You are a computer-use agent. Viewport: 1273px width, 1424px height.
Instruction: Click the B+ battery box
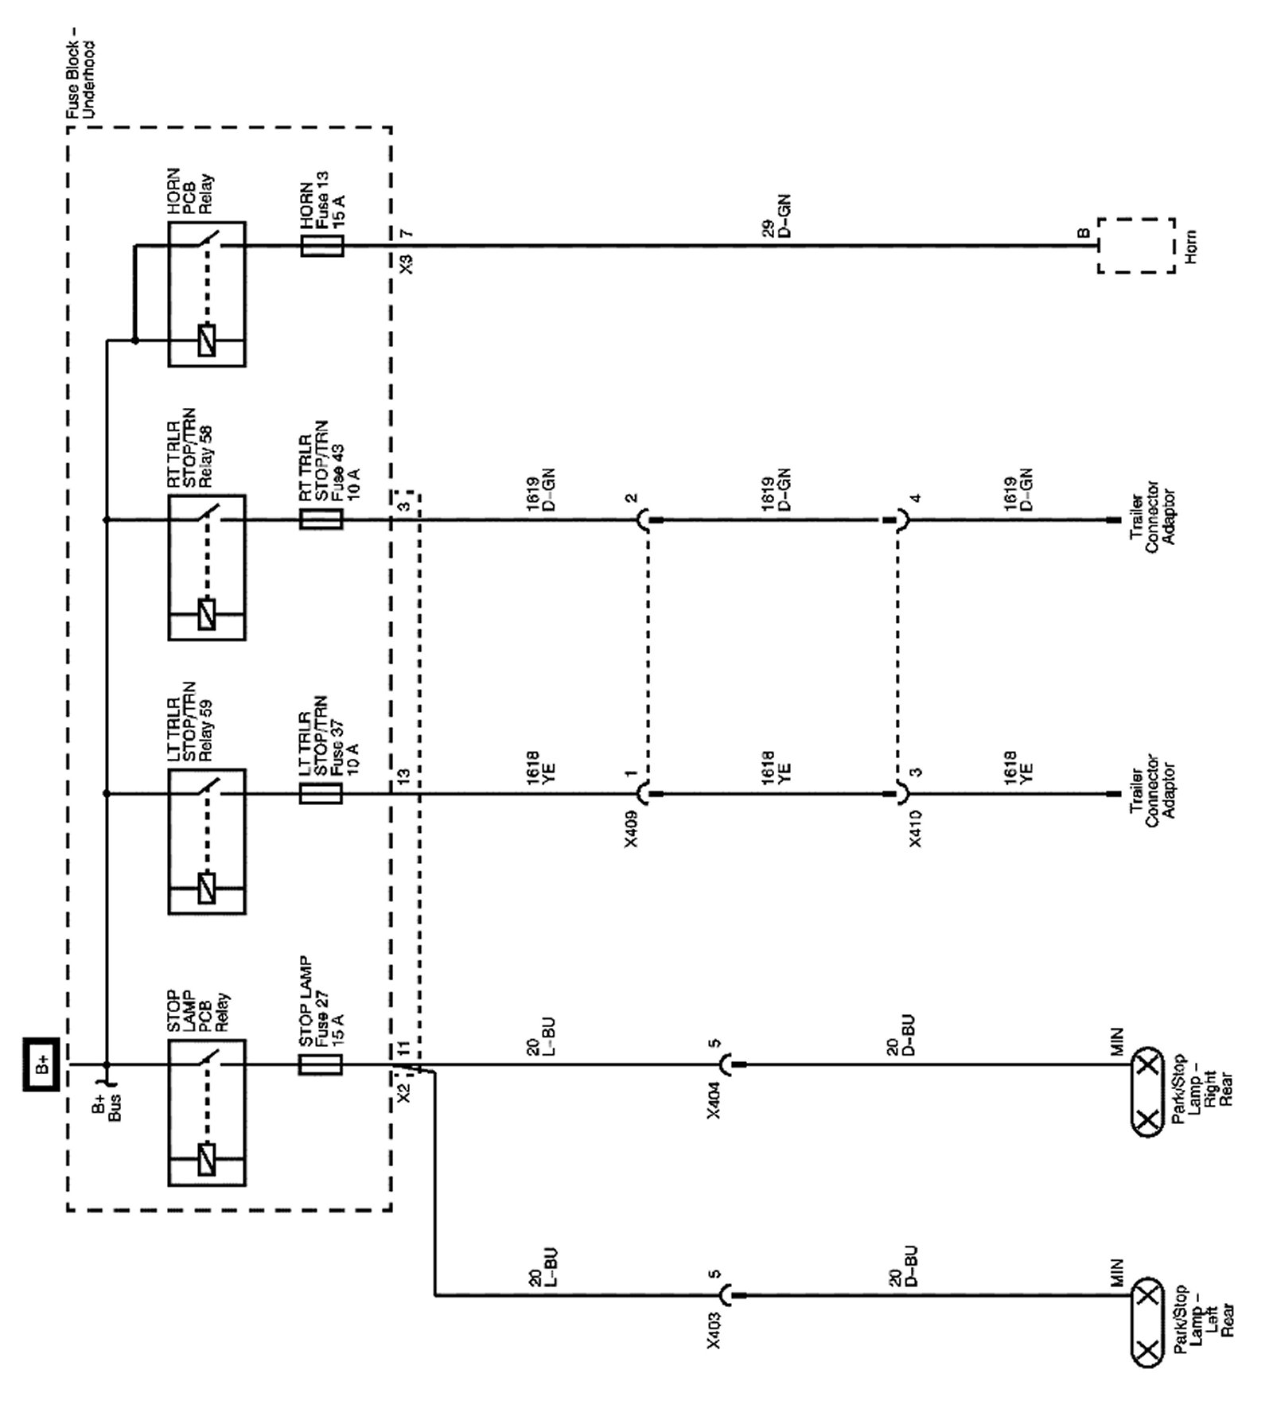[x=41, y=1064]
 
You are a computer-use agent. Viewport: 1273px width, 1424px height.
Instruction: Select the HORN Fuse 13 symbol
[x=322, y=246]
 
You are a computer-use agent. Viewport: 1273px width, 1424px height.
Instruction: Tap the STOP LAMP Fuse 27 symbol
[x=321, y=1064]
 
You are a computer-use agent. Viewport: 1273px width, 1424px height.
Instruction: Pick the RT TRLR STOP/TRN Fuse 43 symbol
[x=321, y=519]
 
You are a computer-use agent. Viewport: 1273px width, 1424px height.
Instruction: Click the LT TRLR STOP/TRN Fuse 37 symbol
[x=321, y=794]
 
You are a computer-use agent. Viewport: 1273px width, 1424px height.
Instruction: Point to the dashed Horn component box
[x=1136, y=246]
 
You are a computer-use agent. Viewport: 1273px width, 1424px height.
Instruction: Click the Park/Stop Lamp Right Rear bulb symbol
[x=1147, y=1092]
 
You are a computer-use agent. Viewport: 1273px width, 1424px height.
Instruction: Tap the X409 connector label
[x=631, y=829]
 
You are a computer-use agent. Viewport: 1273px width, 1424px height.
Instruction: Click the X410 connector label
[x=916, y=829]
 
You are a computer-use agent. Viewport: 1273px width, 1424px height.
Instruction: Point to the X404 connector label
[x=714, y=1099]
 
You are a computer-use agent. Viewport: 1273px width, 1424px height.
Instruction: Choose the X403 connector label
[x=714, y=1329]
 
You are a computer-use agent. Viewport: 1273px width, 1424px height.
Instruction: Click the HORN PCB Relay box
[x=207, y=294]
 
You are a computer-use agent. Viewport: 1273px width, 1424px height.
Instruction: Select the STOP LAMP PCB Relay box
[x=207, y=1112]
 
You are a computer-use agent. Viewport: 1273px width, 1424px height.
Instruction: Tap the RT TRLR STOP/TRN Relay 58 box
[x=207, y=567]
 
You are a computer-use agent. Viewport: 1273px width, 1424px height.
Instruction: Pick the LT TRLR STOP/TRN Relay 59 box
[x=207, y=841]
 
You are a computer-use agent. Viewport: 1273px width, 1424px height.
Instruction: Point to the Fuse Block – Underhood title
[x=80, y=80]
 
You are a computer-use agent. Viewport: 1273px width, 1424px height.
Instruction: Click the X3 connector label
[x=407, y=264]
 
